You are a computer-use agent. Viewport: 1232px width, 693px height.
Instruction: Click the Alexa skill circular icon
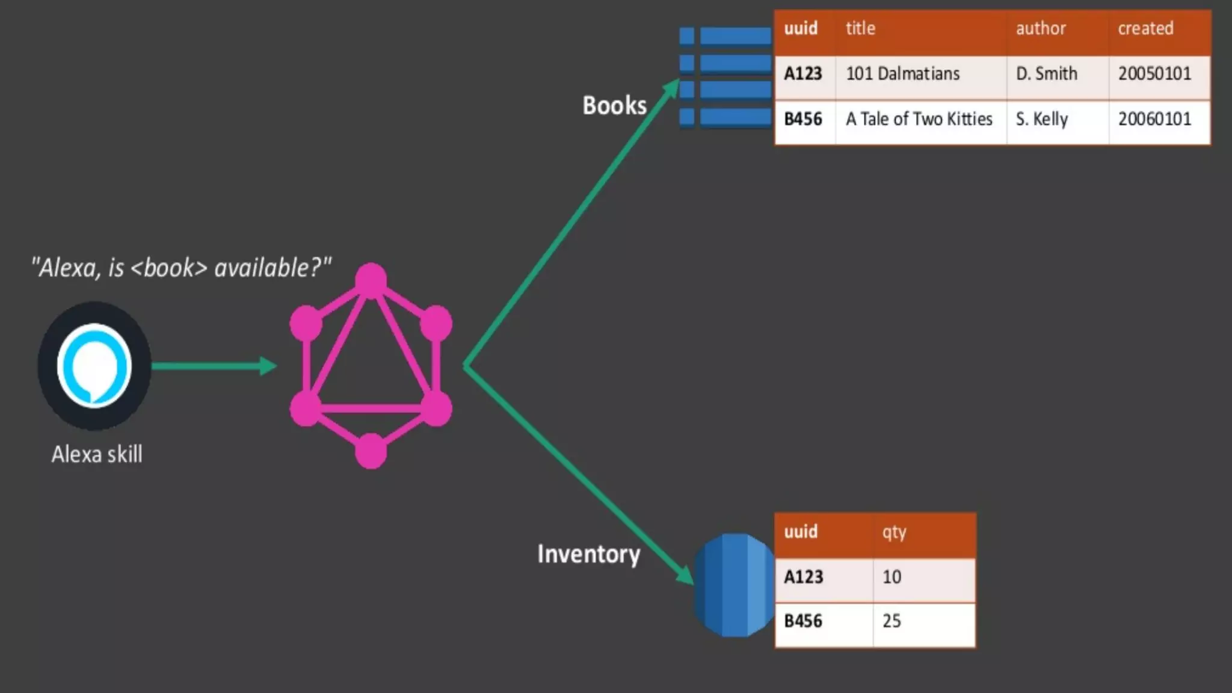(x=94, y=366)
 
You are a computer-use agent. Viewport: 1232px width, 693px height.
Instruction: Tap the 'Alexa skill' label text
(x=97, y=454)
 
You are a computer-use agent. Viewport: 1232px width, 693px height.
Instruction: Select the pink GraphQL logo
(x=371, y=366)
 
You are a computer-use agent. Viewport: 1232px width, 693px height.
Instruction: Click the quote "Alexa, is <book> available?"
(x=181, y=268)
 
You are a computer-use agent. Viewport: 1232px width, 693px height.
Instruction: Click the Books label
(x=614, y=105)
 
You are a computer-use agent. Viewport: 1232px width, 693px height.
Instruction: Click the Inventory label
(x=588, y=554)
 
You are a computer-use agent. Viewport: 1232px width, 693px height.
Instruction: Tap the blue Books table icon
(x=725, y=76)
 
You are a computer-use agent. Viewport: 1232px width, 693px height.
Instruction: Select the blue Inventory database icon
(x=734, y=585)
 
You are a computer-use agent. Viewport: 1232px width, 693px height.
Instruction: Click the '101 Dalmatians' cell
(x=902, y=74)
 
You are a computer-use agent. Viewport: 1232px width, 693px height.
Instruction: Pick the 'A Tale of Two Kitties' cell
(x=919, y=119)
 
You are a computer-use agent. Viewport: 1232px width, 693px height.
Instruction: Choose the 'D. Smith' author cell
(x=1046, y=74)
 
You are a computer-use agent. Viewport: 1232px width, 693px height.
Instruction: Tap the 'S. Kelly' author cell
(x=1041, y=119)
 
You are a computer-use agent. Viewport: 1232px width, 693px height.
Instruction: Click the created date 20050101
(x=1154, y=74)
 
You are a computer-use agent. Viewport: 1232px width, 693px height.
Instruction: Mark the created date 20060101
(x=1154, y=119)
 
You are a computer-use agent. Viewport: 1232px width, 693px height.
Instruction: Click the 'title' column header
(x=860, y=28)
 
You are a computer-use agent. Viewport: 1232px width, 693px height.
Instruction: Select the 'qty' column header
(x=894, y=532)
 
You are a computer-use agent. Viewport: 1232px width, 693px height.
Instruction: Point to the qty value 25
(x=892, y=621)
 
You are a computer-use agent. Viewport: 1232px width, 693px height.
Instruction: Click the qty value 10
(x=892, y=577)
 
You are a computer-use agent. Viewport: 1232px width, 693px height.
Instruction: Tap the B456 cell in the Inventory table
(x=803, y=621)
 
